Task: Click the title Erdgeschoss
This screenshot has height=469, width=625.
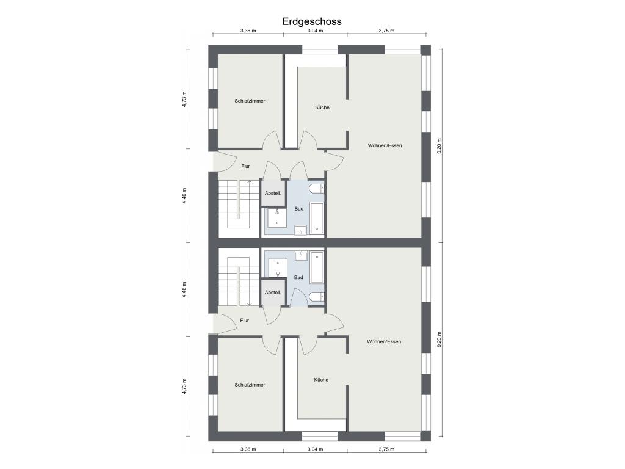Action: (312, 21)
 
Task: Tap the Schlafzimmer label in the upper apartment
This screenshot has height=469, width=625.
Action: (250, 101)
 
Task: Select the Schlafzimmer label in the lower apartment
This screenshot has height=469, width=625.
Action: (250, 385)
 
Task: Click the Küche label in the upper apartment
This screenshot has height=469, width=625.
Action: (322, 107)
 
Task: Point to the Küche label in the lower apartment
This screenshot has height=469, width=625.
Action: (321, 380)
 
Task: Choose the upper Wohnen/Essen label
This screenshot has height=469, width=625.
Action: (385, 145)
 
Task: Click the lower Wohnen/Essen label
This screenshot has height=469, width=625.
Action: (384, 341)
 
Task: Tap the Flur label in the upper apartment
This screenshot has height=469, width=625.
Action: (245, 166)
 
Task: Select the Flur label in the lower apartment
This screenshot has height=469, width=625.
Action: (245, 320)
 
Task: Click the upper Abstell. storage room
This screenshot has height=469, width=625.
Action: (273, 194)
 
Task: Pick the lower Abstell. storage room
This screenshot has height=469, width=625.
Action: (273, 293)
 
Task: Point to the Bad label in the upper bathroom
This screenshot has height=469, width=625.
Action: (299, 209)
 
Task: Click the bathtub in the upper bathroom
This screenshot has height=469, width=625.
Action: (317, 218)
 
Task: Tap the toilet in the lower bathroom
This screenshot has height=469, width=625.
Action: (317, 296)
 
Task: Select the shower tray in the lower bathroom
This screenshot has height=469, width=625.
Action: (278, 267)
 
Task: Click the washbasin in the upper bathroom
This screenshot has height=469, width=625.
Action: (300, 230)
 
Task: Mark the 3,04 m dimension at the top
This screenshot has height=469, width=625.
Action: (316, 31)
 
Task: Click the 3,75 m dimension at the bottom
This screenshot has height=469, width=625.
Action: (386, 449)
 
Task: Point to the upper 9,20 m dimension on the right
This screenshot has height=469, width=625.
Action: (439, 146)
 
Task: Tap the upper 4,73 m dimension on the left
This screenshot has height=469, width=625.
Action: (184, 100)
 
